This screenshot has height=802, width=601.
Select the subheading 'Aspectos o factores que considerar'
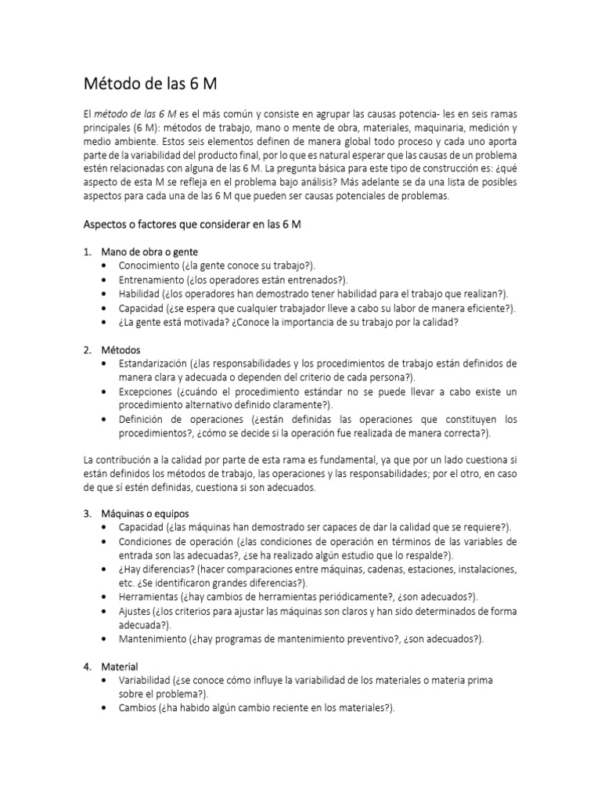193,224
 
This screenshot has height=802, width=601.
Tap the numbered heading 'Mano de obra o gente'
149,252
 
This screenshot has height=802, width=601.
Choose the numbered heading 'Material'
120,667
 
